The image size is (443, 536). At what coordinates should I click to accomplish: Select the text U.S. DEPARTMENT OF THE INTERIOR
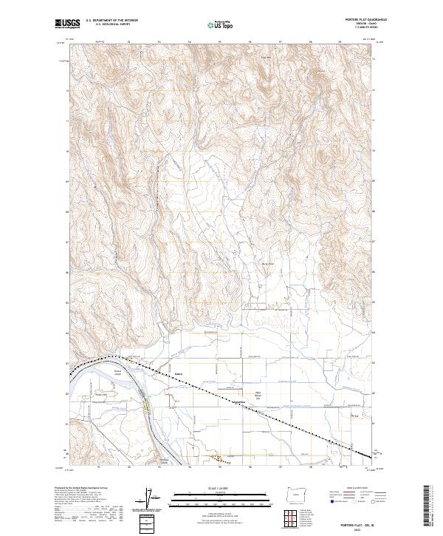pos(111,21)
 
